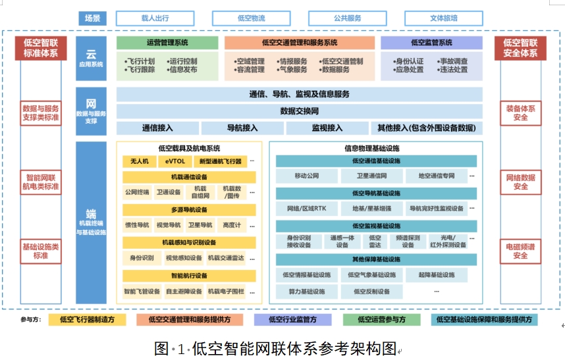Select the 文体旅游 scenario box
point(443,18)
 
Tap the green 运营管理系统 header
point(167,43)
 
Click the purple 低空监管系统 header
point(431,43)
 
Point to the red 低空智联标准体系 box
point(41,48)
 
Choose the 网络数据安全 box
point(520,182)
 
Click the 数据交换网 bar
point(299,111)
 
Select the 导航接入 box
point(242,128)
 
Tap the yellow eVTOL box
point(176,161)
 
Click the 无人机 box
point(140,161)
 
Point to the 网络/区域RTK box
point(306,209)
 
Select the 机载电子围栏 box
point(225,291)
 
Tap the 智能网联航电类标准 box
point(41,182)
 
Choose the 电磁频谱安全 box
point(520,251)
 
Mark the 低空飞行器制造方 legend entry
point(87,320)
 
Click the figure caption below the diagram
point(277,348)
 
